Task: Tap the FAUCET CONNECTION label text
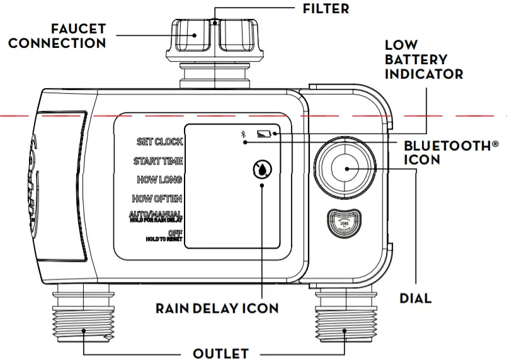click(x=57, y=36)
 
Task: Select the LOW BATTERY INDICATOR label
click(x=423, y=60)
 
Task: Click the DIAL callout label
click(x=416, y=298)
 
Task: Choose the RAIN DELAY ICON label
click(x=217, y=308)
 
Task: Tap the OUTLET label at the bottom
click(x=220, y=353)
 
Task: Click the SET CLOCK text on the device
click(x=160, y=142)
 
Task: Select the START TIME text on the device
click(x=157, y=161)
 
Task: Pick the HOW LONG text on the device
click(x=159, y=180)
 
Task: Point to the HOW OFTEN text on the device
click(x=157, y=199)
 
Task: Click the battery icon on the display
click(x=264, y=133)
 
